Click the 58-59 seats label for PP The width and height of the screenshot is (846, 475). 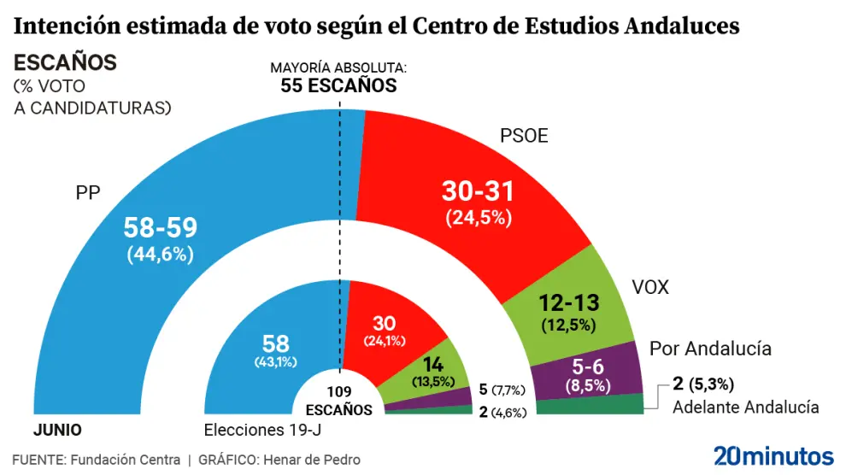161,227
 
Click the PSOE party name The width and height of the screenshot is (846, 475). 523,136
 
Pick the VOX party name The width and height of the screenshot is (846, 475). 649,287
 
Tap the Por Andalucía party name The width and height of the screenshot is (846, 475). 710,349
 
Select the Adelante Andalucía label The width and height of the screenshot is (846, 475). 745,407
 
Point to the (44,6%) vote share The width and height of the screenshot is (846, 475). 161,253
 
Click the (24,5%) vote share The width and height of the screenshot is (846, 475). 479,217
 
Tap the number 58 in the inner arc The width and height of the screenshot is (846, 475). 276,343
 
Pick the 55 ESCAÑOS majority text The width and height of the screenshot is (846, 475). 339,85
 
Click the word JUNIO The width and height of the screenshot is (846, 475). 57,429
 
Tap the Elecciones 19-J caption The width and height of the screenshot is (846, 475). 256,429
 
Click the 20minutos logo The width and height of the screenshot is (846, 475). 773,454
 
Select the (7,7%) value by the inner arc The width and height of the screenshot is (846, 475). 513,390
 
